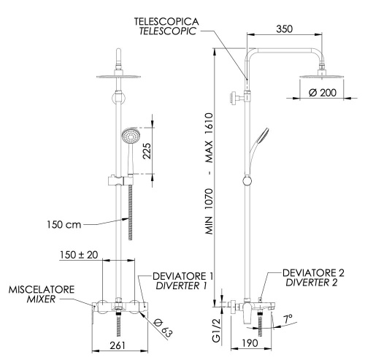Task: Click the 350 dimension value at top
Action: pyautogui.click(x=285, y=30)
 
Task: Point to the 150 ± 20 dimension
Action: pyautogui.click(x=80, y=256)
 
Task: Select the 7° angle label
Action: pyautogui.click(x=288, y=319)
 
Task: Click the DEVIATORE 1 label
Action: pyautogui.click(x=182, y=276)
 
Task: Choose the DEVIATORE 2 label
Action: pyautogui.click(x=312, y=272)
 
